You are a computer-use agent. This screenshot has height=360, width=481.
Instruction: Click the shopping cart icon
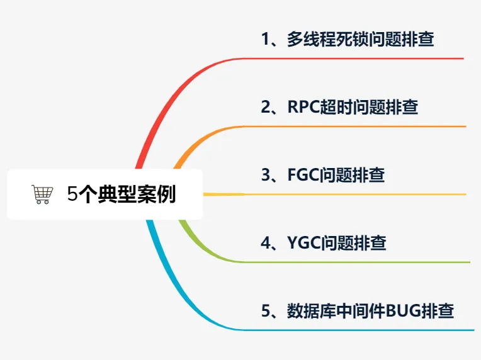42,195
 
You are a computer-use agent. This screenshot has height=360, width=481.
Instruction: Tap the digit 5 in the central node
72,194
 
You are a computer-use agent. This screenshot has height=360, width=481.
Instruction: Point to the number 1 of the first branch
265,40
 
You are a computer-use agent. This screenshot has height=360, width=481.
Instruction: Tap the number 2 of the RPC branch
265,107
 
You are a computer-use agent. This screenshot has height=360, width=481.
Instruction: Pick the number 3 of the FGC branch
265,175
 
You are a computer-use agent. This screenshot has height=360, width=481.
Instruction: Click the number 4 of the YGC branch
265,243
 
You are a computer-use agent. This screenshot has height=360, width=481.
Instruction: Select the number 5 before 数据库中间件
265,311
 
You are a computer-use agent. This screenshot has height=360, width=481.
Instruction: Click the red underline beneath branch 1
353,59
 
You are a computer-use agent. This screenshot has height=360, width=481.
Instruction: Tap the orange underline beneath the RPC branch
353,127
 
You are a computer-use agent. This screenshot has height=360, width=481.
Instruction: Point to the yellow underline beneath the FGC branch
353,194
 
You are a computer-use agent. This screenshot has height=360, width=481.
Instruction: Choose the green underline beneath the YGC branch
353,262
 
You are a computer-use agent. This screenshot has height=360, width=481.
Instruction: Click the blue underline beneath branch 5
353,329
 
